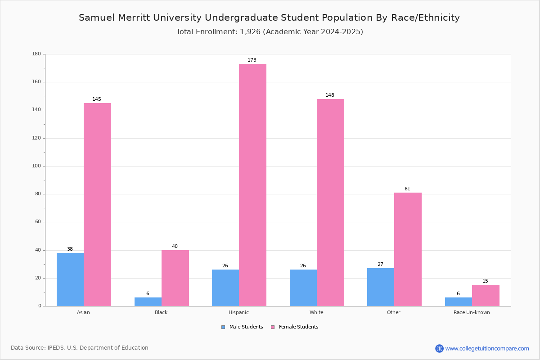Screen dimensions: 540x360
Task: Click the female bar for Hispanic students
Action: tap(252, 185)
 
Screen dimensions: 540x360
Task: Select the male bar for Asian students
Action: tap(70, 279)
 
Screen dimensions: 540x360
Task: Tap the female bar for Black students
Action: tap(175, 278)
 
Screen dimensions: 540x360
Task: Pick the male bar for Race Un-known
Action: tap(459, 302)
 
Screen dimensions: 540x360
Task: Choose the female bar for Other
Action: tap(408, 249)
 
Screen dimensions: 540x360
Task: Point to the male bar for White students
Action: tap(303, 288)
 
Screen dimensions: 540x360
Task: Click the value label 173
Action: tap(252, 60)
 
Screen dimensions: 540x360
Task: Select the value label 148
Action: tap(330, 95)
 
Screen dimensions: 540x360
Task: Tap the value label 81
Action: tap(407, 189)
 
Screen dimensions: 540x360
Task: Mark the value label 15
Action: tap(485, 281)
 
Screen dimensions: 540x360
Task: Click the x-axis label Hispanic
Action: tap(238, 312)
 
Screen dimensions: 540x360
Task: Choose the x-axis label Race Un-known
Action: tap(472, 312)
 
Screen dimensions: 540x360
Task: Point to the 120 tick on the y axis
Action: tap(36, 138)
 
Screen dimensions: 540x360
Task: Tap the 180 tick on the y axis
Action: tap(36, 54)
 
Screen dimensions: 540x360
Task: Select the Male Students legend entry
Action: tap(242, 327)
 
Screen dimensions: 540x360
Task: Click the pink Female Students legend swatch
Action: tap(273, 327)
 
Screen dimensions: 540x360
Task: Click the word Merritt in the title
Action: tap(134, 18)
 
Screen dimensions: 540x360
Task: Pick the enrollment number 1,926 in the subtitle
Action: tap(250, 32)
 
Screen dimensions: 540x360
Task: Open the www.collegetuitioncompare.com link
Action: tap(487, 348)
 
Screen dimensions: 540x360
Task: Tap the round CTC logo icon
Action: tap(439, 348)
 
